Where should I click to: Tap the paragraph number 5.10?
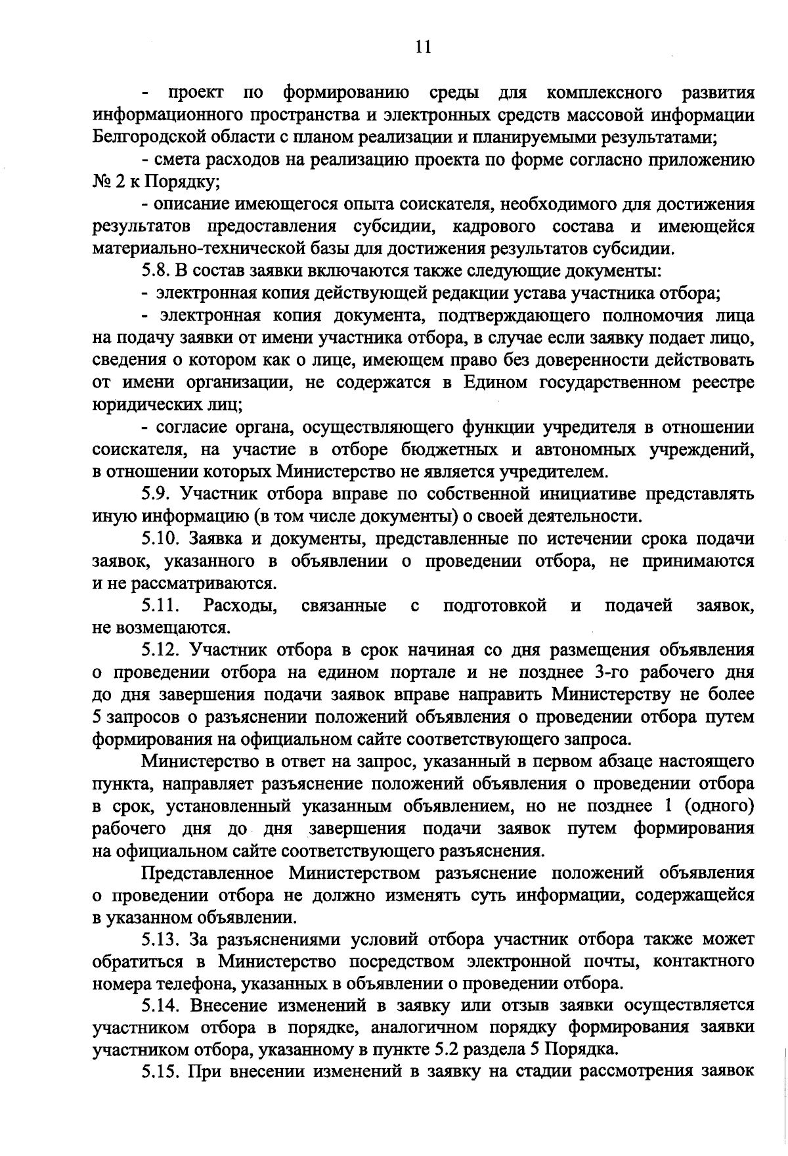click(x=160, y=539)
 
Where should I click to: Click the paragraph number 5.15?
click(x=160, y=1072)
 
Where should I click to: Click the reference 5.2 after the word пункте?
click(x=439, y=1050)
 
